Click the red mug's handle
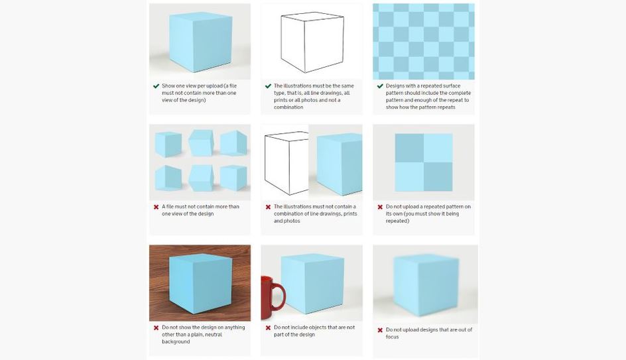coord(281,296)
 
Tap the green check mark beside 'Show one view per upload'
coord(156,86)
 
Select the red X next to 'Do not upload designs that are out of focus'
coord(380,330)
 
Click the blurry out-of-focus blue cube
coord(426,285)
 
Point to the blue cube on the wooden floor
coord(200,283)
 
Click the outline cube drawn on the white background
coord(312,42)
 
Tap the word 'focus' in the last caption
coord(392,337)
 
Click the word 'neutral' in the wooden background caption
coord(213,334)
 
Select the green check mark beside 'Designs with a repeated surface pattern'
coord(380,86)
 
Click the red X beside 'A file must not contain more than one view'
coord(156,207)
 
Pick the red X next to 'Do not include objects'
coord(269,328)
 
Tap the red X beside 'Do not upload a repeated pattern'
coord(380,207)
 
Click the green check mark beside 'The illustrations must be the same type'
coord(269,86)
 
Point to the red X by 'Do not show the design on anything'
coord(156,328)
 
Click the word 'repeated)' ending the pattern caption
coord(397,221)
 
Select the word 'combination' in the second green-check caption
coord(288,107)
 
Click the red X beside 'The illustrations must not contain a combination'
coord(269,207)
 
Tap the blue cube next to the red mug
coord(312,283)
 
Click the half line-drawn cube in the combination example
coord(286,164)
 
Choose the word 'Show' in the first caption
coord(168,86)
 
